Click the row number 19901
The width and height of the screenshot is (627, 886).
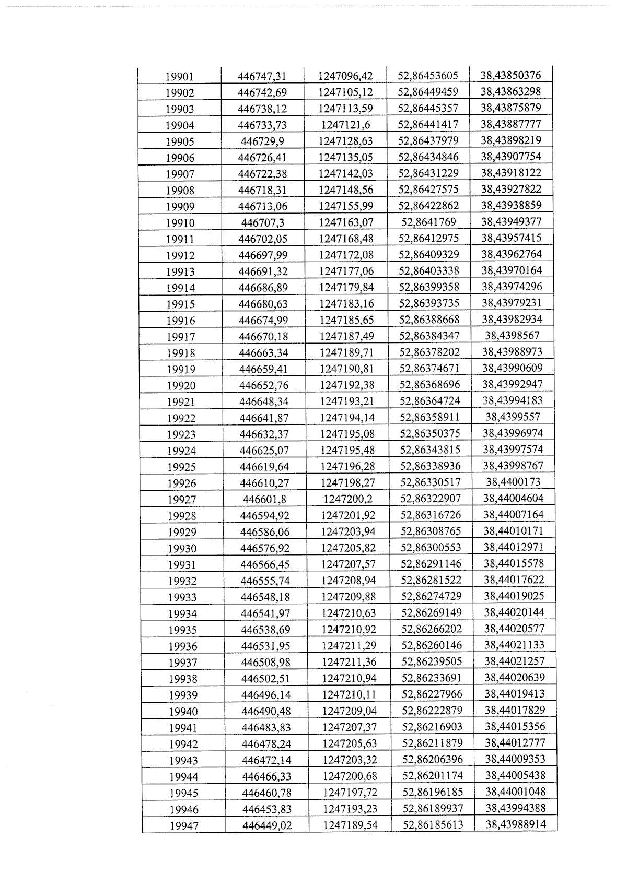(x=179, y=77)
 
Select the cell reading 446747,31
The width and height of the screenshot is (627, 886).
(x=262, y=76)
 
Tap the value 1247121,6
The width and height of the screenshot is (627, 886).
(x=345, y=125)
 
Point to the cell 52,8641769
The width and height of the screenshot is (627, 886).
(x=428, y=222)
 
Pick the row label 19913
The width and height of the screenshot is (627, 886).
(x=180, y=271)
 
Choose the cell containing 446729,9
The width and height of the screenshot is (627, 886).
(x=263, y=141)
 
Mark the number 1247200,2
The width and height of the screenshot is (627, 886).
(x=348, y=499)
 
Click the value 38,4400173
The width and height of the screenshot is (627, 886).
(x=513, y=482)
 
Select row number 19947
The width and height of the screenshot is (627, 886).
(x=184, y=826)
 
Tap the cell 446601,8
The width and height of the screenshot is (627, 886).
(x=264, y=499)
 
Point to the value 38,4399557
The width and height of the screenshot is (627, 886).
(x=513, y=417)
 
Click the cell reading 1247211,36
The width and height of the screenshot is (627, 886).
(x=349, y=661)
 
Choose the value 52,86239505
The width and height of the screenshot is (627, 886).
(x=432, y=661)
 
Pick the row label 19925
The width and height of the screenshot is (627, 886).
(x=182, y=467)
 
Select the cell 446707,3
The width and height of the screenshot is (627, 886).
(x=263, y=222)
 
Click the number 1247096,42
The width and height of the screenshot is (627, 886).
(x=345, y=76)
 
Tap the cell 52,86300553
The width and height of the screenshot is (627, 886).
(x=431, y=548)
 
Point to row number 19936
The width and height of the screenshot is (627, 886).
(x=183, y=646)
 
